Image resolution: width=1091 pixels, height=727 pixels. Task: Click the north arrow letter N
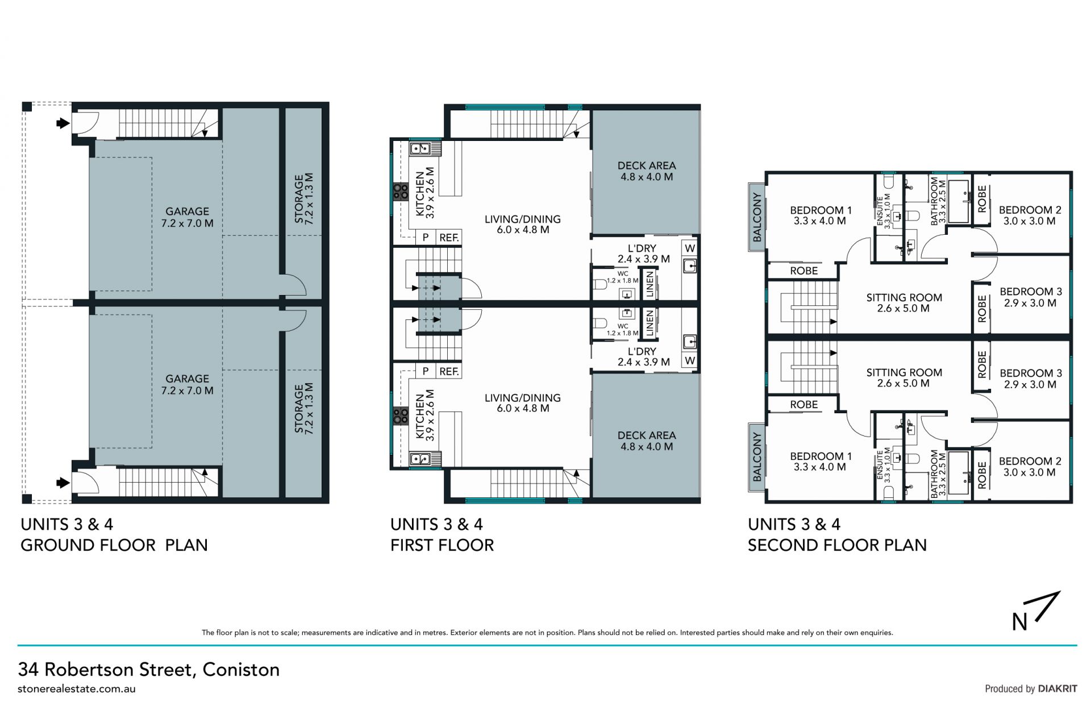point(1019,622)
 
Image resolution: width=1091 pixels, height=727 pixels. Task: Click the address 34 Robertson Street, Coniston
point(149,670)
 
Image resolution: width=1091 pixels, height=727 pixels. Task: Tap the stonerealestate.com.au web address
point(77,689)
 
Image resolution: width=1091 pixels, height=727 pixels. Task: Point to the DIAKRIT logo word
point(1057,688)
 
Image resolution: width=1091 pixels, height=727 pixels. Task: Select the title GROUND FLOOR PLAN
point(114,545)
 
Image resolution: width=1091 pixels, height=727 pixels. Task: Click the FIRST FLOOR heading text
point(442,545)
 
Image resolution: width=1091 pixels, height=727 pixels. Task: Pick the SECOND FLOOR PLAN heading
point(837,545)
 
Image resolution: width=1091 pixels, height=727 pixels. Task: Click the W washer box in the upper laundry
point(690,248)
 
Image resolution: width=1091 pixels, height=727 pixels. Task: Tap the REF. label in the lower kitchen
point(449,371)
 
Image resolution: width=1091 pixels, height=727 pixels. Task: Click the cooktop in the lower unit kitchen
point(401,416)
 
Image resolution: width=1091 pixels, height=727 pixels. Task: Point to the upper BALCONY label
point(757,217)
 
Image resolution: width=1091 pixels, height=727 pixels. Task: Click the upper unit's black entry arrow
point(63,123)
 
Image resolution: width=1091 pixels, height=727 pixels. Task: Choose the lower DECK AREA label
point(647,441)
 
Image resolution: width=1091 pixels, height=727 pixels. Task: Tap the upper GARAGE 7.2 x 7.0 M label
point(188,217)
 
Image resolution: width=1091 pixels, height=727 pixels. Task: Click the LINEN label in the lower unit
point(650,323)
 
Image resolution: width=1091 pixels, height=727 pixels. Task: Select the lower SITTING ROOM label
point(904,378)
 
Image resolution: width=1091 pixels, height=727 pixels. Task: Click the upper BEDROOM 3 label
point(1030,297)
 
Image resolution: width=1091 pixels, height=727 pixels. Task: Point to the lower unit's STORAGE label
point(305,408)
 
